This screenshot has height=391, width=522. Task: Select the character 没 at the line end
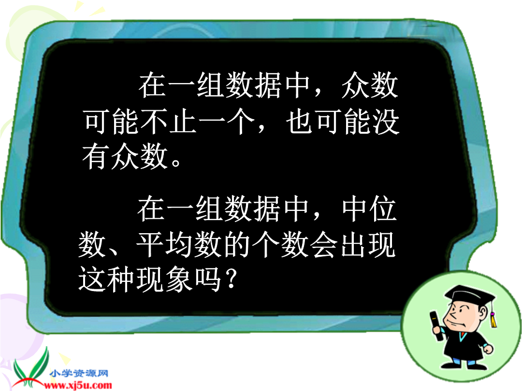[x=386, y=122]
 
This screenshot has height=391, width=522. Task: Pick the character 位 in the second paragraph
[x=383, y=209]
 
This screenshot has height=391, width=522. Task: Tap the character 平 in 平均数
[x=150, y=245]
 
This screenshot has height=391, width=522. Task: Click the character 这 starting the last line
[x=92, y=279]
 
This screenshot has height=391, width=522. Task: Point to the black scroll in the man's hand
[x=436, y=325]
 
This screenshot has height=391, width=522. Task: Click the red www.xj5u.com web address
[x=79, y=386]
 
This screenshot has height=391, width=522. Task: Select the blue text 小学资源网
[x=79, y=373]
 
